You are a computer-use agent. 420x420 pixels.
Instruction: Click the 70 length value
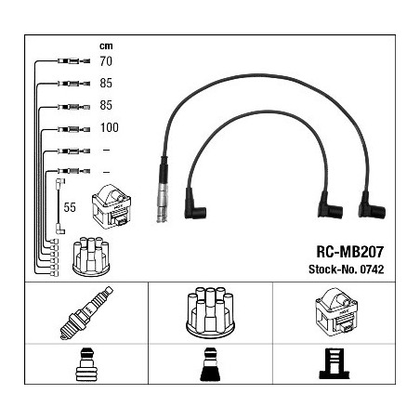pos(106,61)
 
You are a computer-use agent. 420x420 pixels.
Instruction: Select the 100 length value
pos(110,127)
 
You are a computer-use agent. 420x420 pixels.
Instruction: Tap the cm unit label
pos(106,46)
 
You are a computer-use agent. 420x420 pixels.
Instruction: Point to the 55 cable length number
pos(70,207)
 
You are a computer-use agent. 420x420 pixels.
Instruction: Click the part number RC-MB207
pos(349,252)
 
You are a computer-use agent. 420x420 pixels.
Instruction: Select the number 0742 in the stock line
pos(372,269)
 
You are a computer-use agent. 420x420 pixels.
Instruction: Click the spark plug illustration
pos(86,313)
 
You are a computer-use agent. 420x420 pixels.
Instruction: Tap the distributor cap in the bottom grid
pos(210,312)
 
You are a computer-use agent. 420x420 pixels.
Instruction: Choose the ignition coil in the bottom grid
pos(336,312)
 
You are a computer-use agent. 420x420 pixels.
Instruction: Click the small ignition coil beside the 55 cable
pos(112,206)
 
